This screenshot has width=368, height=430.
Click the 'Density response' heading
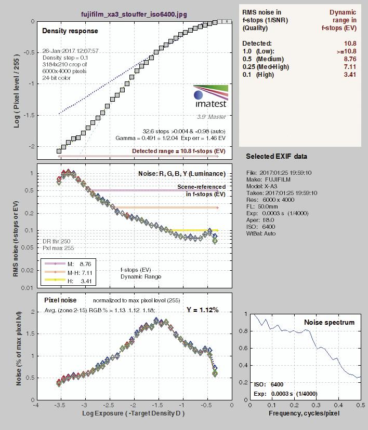click(70, 31)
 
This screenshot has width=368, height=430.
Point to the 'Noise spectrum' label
click(329, 322)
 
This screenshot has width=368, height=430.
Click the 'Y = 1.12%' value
click(202, 310)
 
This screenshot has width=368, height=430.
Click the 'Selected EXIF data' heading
click(277, 156)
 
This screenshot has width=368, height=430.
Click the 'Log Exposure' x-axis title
click(133, 413)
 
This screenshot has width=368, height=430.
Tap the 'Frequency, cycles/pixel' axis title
click(304, 413)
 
